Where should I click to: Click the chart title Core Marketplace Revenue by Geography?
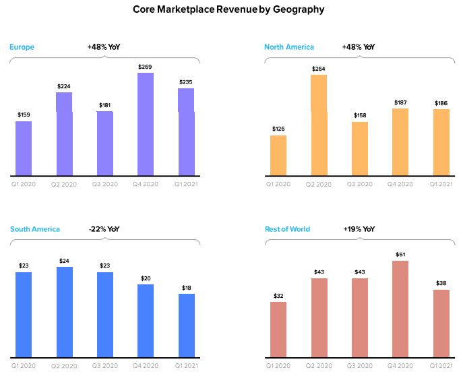[x=228, y=9]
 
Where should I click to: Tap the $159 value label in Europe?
[x=24, y=115]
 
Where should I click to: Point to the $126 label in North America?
[x=278, y=129]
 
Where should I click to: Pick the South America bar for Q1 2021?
[x=187, y=325]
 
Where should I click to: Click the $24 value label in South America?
[x=65, y=261]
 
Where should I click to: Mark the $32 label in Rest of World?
[x=278, y=295]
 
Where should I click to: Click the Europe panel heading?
[x=22, y=47]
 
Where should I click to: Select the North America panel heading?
[x=289, y=47]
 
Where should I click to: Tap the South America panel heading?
[x=35, y=229]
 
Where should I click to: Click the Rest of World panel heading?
[x=287, y=229]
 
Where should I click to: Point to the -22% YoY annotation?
[x=104, y=229]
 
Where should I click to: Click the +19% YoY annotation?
[x=359, y=229]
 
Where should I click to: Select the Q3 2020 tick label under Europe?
[x=105, y=184]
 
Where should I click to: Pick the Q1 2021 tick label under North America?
[x=441, y=184]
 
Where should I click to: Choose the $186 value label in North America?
[x=441, y=103]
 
